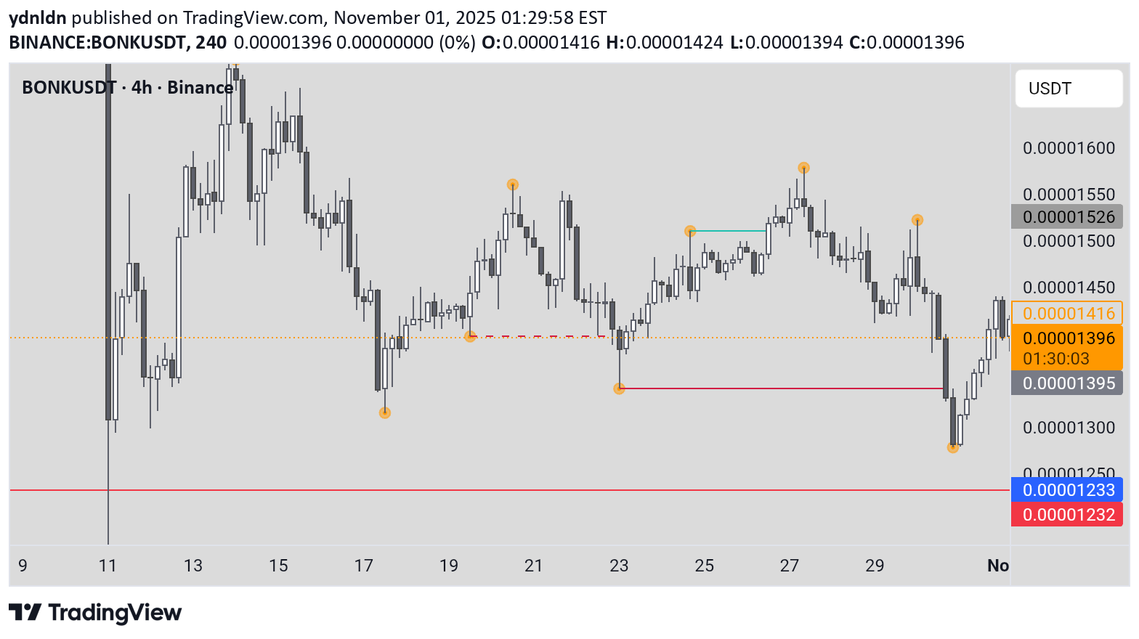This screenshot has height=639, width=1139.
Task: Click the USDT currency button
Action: point(1068,89)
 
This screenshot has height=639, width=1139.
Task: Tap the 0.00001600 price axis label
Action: point(1069,148)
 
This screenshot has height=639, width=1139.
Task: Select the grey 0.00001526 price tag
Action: point(1068,217)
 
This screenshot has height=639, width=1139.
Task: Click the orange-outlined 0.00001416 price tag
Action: point(1068,313)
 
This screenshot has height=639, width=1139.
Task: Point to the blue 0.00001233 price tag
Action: point(1068,490)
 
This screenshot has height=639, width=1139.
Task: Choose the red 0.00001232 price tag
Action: point(1068,515)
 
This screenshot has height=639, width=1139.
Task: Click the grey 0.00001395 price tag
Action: point(1068,383)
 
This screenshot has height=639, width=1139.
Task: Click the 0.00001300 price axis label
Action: point(1069,428)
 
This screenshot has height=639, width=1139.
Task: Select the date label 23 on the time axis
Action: point(619,566)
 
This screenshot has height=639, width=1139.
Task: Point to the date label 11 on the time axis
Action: point(108,566)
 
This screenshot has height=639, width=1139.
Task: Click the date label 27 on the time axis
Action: point(790,566)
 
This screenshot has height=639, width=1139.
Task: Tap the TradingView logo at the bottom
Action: point(95,613)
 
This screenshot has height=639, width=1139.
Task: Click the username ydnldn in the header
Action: point(38,17)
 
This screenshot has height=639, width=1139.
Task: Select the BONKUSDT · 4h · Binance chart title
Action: point(127,88)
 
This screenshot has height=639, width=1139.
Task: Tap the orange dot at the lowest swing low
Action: point(953,447)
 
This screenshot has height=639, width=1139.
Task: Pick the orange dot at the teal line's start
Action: point(690,231)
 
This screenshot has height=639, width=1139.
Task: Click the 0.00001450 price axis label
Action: point(1069,288)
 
